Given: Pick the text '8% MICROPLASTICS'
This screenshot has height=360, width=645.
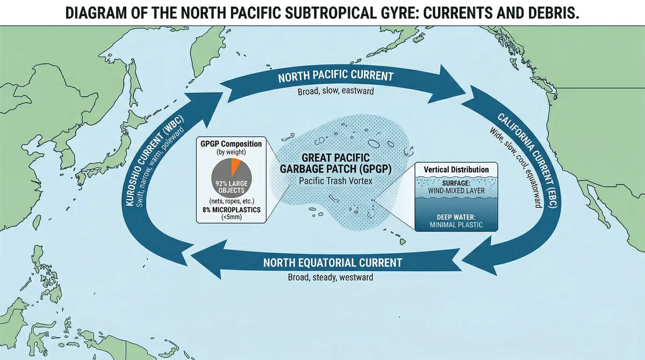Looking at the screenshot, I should [232, 210].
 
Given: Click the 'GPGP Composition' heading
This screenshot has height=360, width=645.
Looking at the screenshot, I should [232, 144].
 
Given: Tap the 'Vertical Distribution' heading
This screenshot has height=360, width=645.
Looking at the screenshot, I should [456, 170].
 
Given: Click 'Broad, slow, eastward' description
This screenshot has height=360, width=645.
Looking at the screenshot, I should [336, 92].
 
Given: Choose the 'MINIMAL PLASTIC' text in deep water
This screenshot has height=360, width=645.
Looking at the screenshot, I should [456, 225].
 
